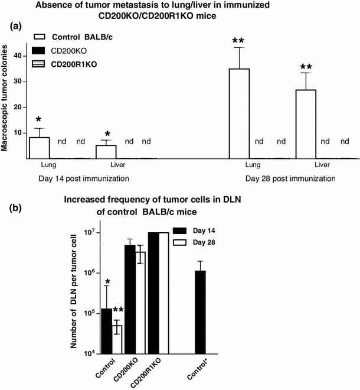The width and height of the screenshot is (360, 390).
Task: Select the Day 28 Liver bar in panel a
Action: click(306, 124)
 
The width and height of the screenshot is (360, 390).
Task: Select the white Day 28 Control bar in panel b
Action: click(116, 339)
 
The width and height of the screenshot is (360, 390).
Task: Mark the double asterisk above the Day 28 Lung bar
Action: click(238, 41)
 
